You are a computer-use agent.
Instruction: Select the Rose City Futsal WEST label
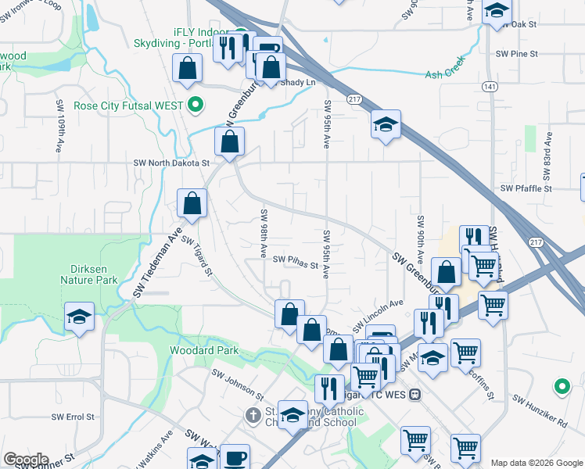128,106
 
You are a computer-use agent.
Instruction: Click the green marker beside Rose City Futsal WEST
196,106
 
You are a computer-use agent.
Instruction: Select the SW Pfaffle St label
526,188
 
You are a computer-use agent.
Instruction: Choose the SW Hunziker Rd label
540,411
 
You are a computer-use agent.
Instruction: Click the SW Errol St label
73,417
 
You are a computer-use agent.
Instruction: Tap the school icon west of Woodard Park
79,317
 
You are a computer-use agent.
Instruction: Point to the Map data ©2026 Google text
536,463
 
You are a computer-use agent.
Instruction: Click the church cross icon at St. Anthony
253,414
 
